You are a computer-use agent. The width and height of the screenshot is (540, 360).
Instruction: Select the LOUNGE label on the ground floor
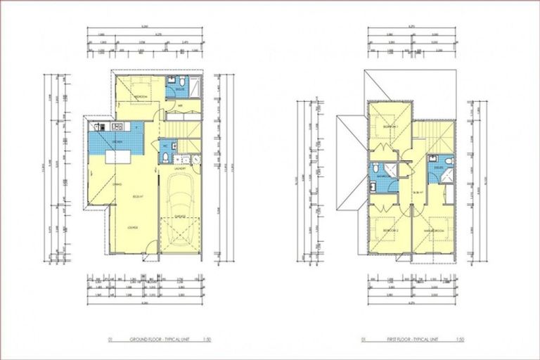click(132, 229)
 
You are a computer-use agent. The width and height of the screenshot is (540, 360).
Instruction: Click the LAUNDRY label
click(180, 169)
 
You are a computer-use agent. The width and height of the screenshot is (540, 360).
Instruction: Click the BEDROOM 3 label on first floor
click(391, 127)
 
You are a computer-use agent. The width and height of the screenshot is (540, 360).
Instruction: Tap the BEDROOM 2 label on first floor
click(390, 231)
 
